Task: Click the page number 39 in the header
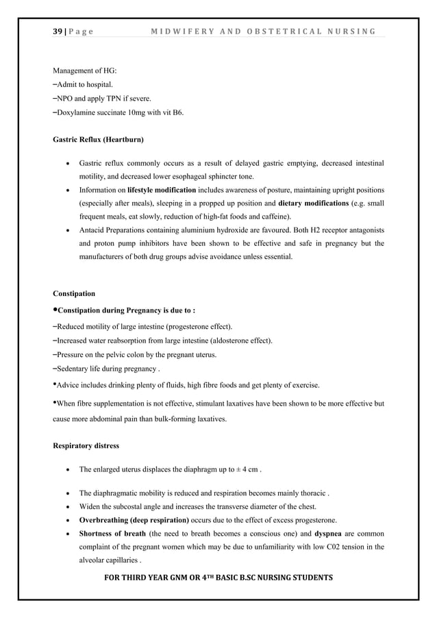pos(57,31)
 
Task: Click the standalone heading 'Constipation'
pos(74,294)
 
